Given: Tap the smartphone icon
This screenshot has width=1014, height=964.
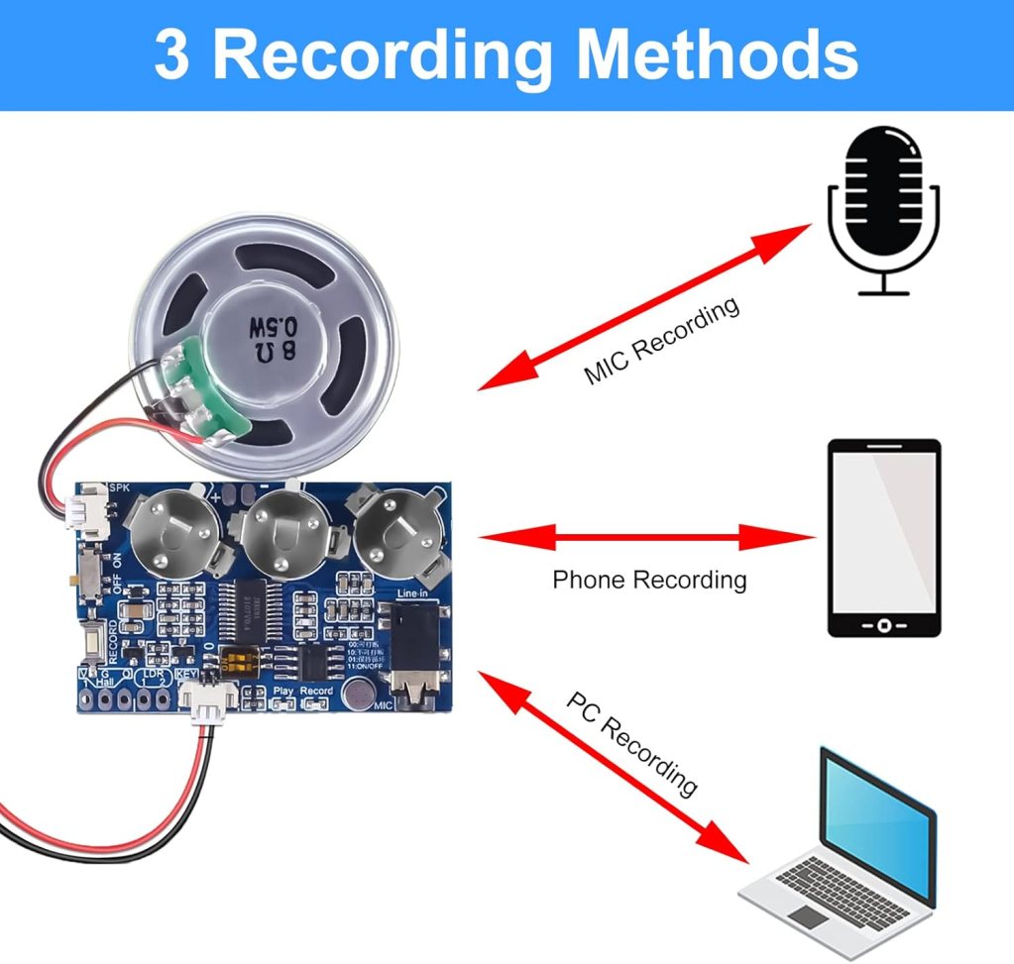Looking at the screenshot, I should pyautogui.click(x=883, y=538).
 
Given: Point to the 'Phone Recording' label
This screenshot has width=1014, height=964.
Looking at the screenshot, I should pyautogui.click(x=649, y=580).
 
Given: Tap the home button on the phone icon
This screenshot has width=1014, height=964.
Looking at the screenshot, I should pyautogui.click(x=883, y=626).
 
